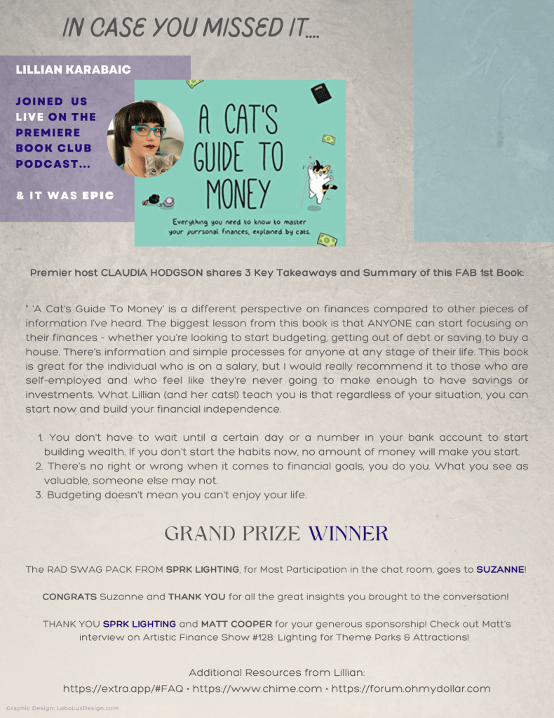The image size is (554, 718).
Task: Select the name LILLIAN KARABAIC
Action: (x=73, y=70)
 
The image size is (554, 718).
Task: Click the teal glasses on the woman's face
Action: (x=146, y=131)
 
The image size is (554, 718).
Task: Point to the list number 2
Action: (x=39, y=466)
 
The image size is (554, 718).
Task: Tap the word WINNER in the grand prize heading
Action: (x=348, y=533)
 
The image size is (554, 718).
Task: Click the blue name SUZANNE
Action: (x=500, y=569)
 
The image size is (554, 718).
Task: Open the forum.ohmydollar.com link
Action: (x=410, y=689)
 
